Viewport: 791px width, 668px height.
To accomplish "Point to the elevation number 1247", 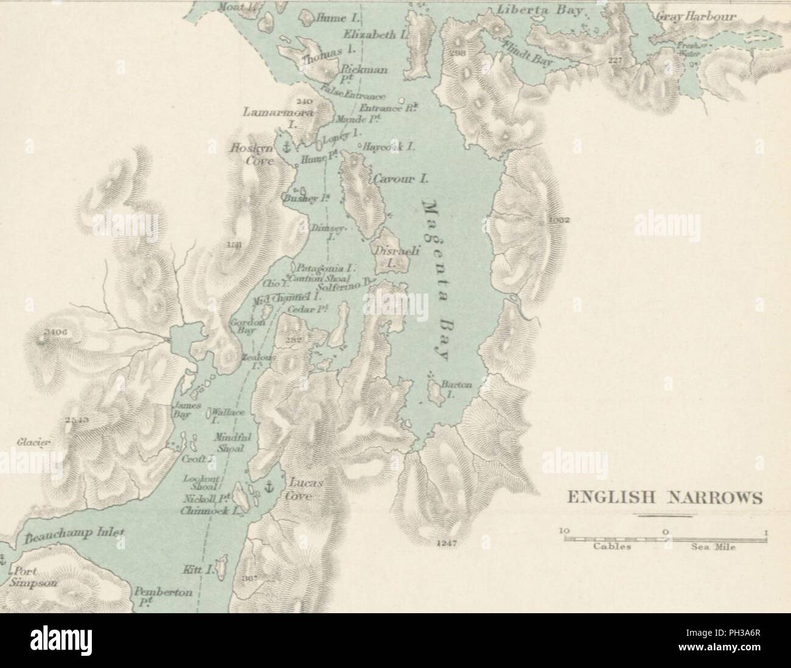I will pos(446,542).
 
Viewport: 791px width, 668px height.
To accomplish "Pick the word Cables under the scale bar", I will pos(611,547).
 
